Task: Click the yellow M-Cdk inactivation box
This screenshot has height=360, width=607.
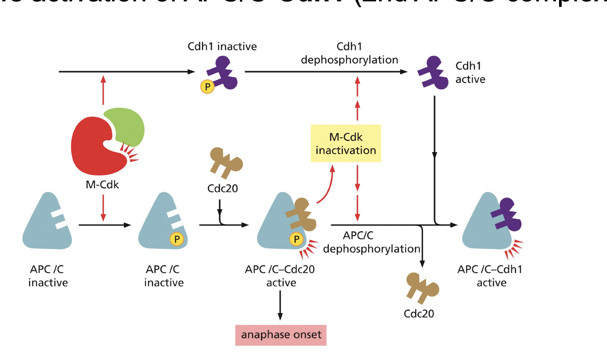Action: point(346,144)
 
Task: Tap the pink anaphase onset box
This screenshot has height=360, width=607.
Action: point(281,335)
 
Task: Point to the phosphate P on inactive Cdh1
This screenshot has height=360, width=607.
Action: point(207,86)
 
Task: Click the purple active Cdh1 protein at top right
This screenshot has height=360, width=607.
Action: point(433,73)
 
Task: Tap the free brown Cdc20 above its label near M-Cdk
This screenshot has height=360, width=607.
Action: point(226,163)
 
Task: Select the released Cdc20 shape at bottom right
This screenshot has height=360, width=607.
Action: point(422,288)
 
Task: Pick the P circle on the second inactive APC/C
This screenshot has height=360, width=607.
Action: point(177,239)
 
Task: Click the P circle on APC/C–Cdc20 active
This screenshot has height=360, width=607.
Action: point(296,239)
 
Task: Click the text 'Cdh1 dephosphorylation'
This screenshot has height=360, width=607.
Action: point(349,53)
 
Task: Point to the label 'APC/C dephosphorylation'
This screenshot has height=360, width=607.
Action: point(371,242)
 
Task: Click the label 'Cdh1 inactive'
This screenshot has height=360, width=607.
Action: point(222,46)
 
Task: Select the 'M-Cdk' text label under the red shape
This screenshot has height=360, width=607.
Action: point(102,185)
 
